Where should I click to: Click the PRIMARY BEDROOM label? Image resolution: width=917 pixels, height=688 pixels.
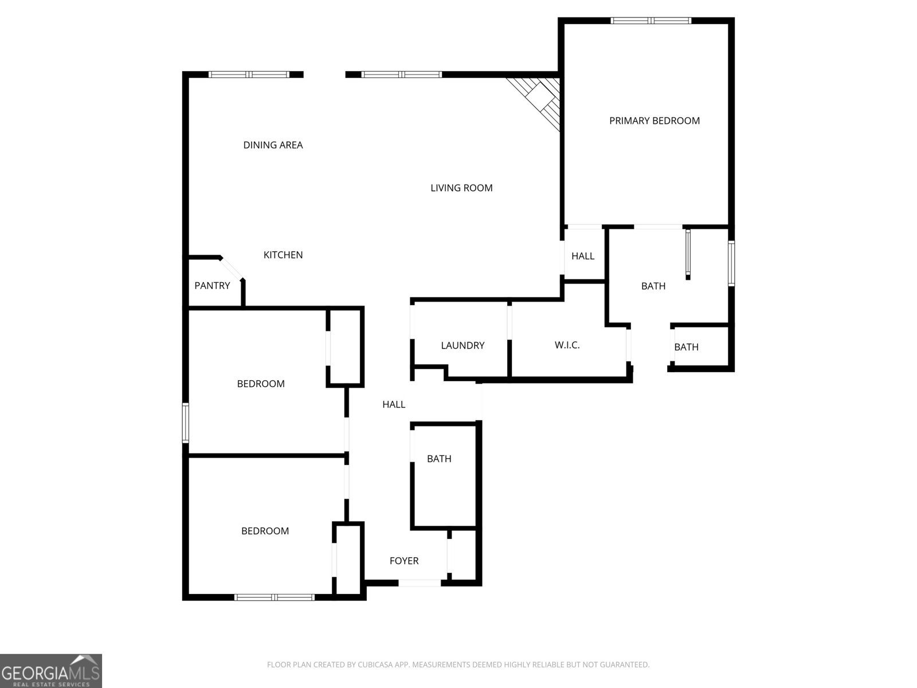[654, 120]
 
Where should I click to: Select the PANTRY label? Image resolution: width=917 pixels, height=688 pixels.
[212, 286]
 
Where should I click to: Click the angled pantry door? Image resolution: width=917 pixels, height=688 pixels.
[232, 268]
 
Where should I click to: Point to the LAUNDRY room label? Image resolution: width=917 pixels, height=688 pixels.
[463, 345]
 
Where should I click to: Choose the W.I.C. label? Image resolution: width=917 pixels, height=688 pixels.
[567, 345]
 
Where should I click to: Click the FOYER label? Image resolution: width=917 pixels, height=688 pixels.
[404, 561]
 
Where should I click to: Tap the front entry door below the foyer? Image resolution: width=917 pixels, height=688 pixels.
[420, 583]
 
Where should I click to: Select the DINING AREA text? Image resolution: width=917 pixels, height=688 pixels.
[273, 145]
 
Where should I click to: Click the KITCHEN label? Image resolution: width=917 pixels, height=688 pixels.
[283, 255]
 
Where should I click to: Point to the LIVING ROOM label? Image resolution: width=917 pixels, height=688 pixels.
[461, 187]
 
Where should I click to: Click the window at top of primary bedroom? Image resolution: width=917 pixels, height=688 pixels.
[650, 21]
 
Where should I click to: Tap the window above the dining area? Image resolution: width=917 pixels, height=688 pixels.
[249, 74]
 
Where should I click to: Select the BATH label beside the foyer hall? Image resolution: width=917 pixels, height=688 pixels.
[439, 459]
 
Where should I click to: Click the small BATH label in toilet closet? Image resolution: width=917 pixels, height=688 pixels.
[686, 347]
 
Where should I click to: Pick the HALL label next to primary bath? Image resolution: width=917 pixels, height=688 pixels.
[583, 256]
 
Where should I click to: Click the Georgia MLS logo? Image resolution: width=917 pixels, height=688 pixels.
[50, 671]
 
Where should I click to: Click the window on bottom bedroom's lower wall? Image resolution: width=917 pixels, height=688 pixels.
[275, 597]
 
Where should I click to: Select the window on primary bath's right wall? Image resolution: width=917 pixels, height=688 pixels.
[731, 263]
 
